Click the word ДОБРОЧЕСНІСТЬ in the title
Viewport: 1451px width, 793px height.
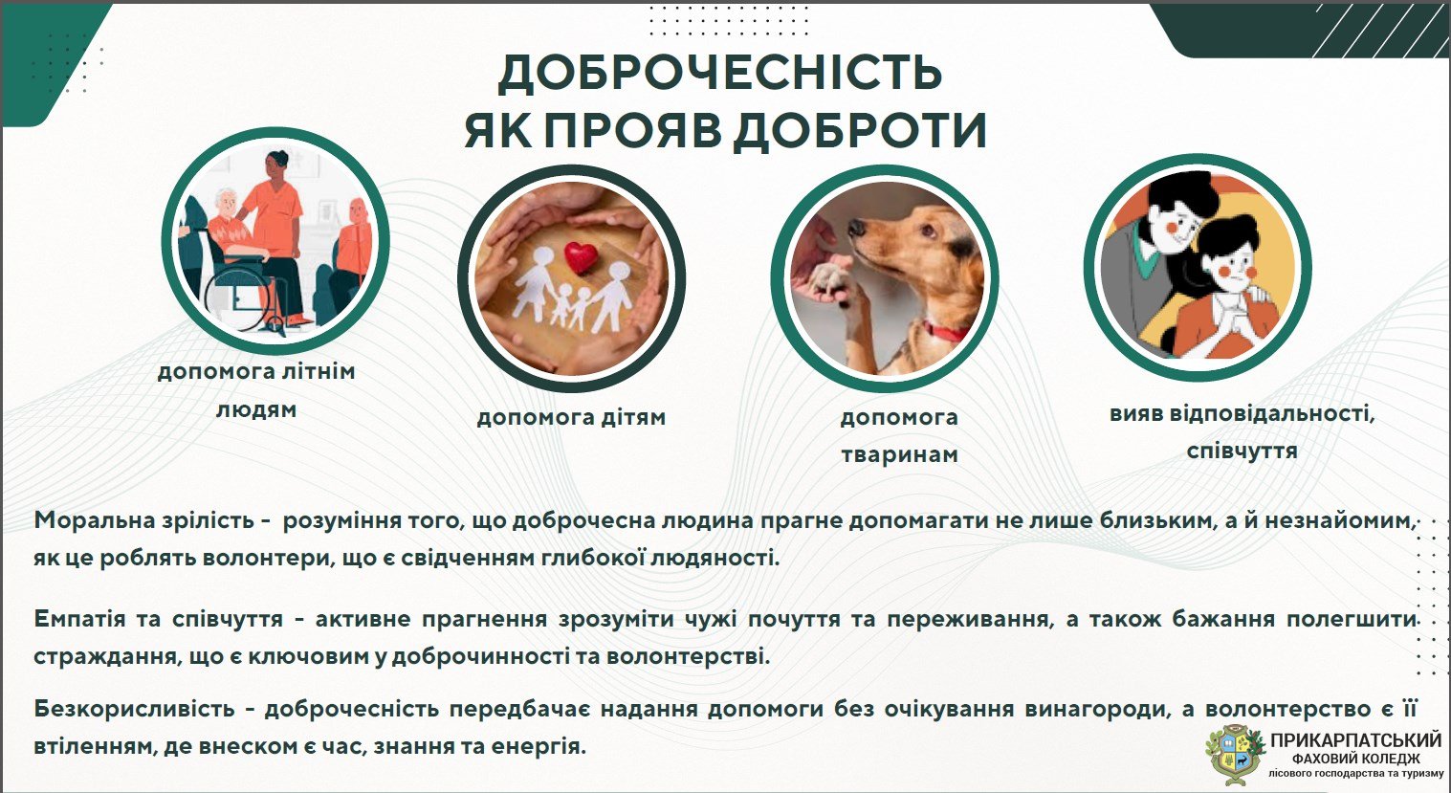coord(719,72)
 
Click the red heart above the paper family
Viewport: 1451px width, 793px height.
coord(581,258)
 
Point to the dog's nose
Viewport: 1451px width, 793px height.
coord(856,228)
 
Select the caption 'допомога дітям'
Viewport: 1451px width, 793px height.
coord(571,416)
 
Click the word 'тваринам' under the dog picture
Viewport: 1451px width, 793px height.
coord(900,454)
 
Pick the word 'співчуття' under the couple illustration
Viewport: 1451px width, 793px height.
coord(1242,452)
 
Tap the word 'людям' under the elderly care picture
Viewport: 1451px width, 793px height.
coord(256,409)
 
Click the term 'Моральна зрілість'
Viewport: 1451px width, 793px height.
coord(143,520)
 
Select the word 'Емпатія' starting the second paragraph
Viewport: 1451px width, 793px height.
coord(79,619)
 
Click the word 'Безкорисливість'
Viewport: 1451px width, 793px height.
coord(134,708)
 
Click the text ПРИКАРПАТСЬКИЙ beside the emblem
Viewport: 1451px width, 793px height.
coord(1356,739)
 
